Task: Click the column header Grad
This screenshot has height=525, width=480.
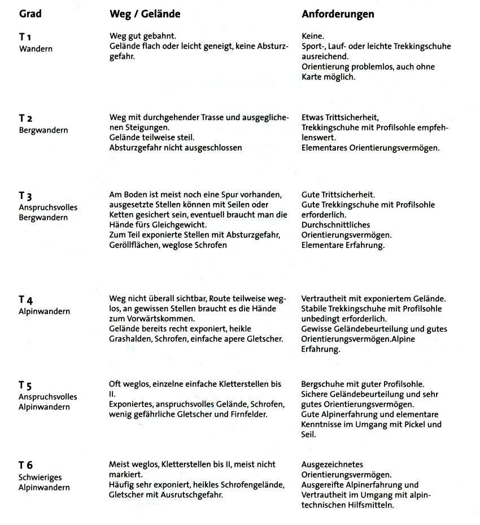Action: pyautogui.click(x=30, y=14)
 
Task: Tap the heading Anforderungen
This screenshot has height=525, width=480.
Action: pyautogui.click(x=338, y=14)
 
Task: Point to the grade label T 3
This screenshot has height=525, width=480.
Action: pyautogui.click(x=25, y=196)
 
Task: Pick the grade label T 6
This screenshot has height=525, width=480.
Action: pyautogui.click(x=26, y=465)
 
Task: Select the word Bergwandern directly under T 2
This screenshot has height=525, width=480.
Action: pyautogui.click(x=43, y=130)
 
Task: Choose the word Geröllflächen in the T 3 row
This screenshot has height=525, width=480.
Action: pyautogui.click(x=133, y=245)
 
